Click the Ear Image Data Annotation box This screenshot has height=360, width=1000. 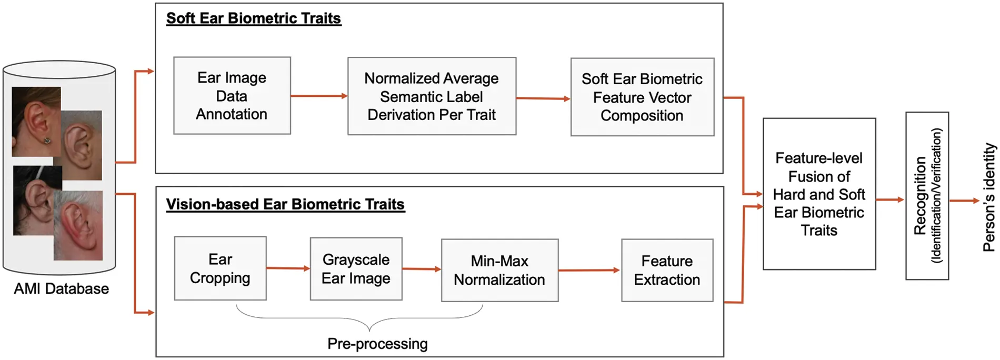pos(232,96)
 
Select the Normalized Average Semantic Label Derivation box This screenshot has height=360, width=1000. pos(432,96)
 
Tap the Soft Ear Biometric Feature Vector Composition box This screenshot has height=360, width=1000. pos(642,97)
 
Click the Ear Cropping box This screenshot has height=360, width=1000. pos(220,268)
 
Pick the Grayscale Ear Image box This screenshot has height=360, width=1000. pos(356,269)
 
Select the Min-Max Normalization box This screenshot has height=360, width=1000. pos(499,271)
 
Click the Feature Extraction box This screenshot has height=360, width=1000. pos(667,271)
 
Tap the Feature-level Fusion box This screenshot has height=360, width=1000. pos(819,194)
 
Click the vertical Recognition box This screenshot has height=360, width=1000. pos(927,196)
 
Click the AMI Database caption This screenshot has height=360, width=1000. pos(61,289)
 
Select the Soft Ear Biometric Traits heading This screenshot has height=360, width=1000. pos(254,18)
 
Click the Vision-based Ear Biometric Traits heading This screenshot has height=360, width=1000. pos(285,204)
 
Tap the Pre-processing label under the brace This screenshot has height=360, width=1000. pos(377,344)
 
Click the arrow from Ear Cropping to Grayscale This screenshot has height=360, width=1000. pos(288,268)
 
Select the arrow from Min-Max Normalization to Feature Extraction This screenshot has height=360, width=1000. pos(589,271)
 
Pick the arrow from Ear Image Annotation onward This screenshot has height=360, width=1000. pos(318,96)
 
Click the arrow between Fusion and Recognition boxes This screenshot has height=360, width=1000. pos(890,200)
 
